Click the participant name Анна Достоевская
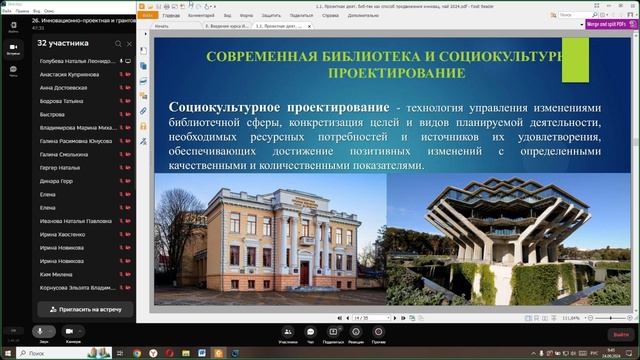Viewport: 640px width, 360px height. [65, 88]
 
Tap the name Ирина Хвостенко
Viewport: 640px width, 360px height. [63, 233]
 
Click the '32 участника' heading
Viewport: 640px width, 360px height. [63, 44]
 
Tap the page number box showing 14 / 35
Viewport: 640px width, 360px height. [363, 317]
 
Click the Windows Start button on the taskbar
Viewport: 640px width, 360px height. [9, 353]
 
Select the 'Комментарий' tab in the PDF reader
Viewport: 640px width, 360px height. [202, 16]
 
